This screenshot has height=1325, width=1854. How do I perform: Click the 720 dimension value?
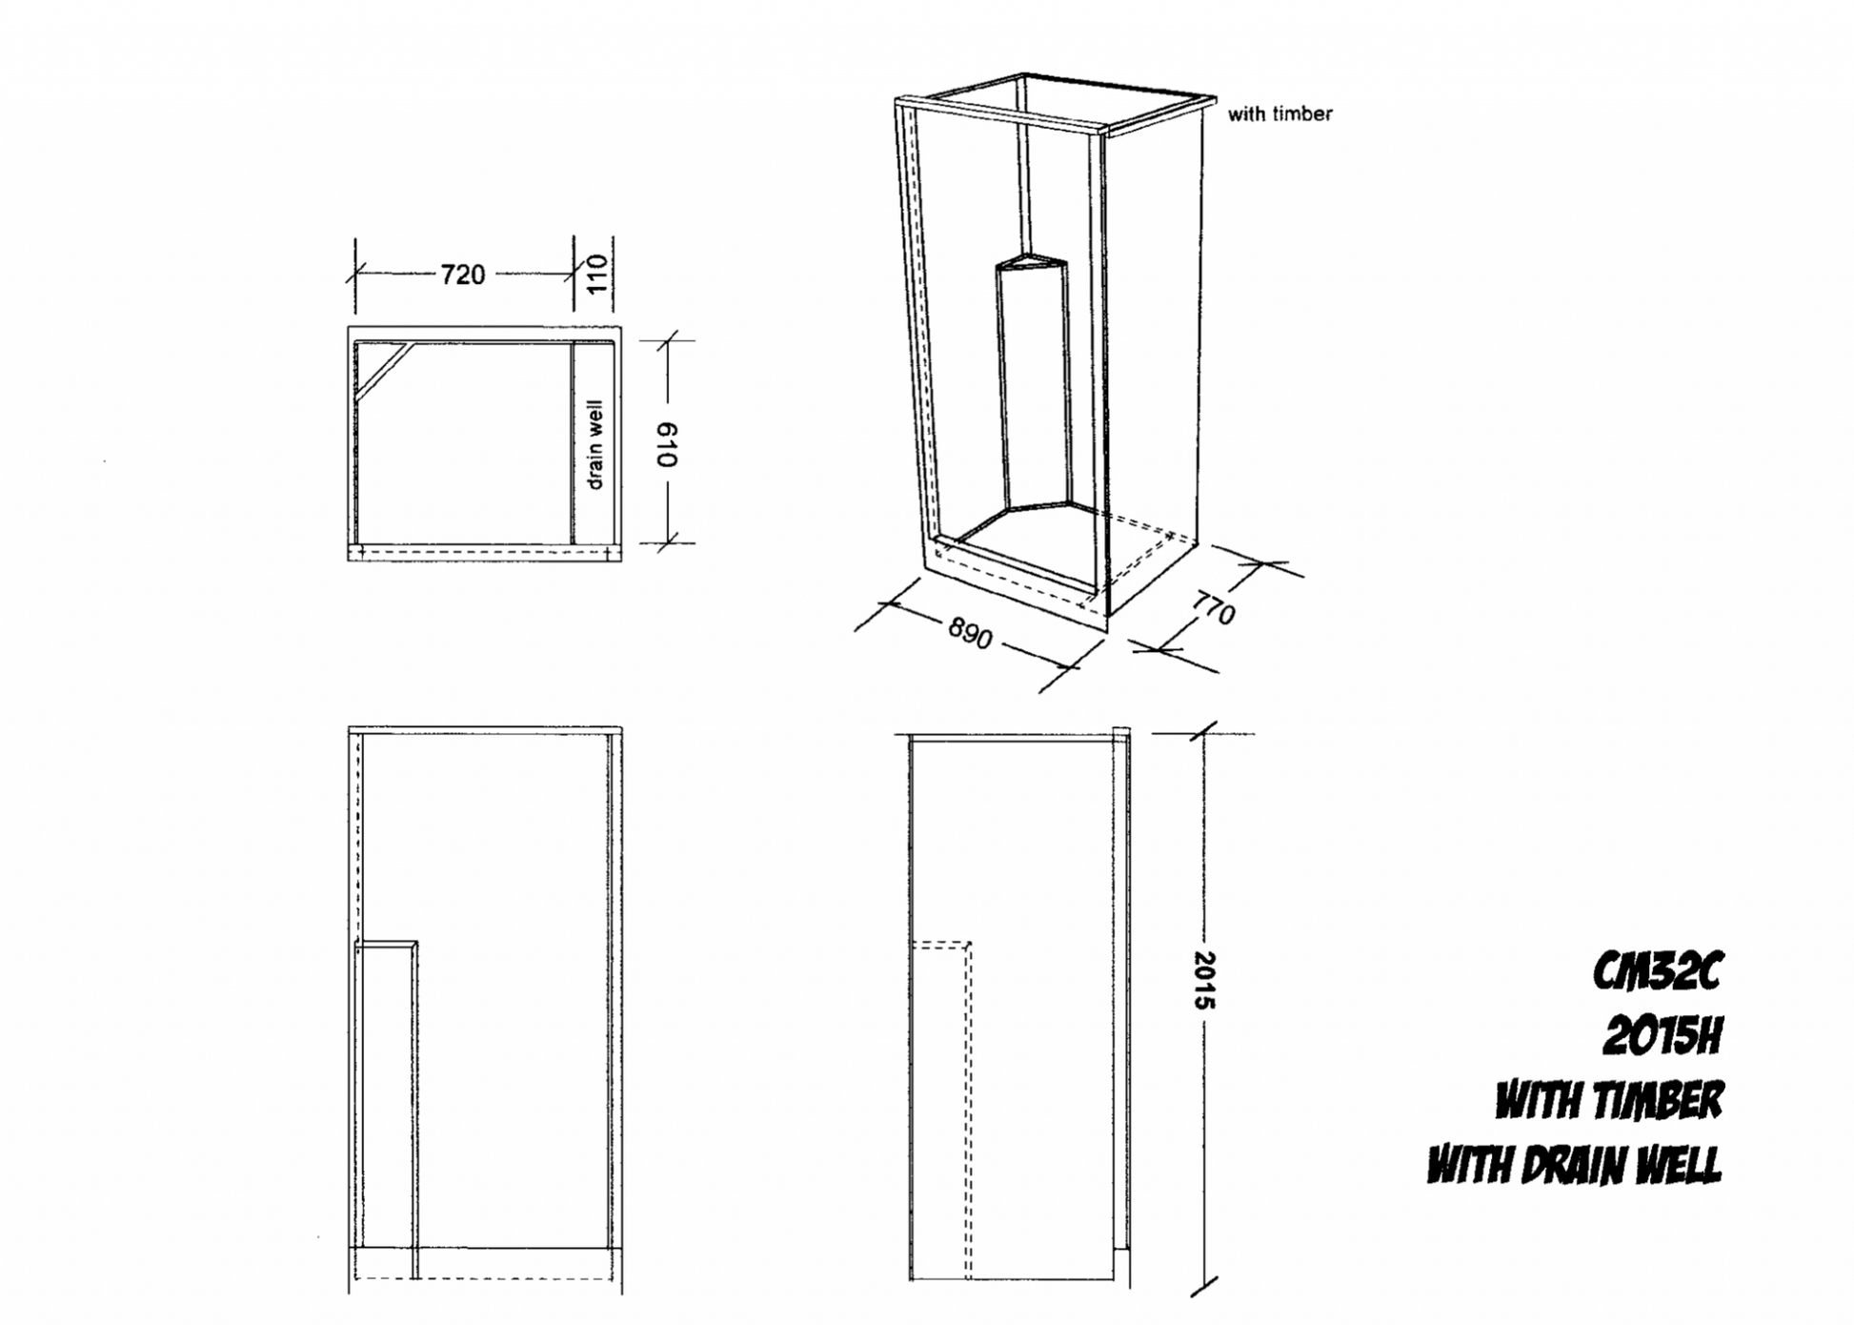(463, 275)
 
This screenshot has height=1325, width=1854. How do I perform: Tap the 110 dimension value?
(596, 274)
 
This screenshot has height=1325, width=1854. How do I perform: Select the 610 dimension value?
(667, 444)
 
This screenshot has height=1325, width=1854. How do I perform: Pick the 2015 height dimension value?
(1204, 980)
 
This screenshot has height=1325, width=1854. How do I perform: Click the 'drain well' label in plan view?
(595, 444)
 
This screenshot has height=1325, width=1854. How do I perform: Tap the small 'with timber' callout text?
(1280, 114)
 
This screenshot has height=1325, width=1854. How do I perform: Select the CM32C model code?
(1659, 971)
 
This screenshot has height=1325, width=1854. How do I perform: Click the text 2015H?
(1663, 1035)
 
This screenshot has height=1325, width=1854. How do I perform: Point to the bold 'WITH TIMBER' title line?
(1609, 1100)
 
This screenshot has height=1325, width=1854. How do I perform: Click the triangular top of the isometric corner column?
(1031, 261)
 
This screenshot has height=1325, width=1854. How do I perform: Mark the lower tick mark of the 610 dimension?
(668, 542)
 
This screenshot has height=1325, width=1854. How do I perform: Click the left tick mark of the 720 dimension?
(355, 275)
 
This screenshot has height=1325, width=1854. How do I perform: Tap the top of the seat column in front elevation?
(386, 945)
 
